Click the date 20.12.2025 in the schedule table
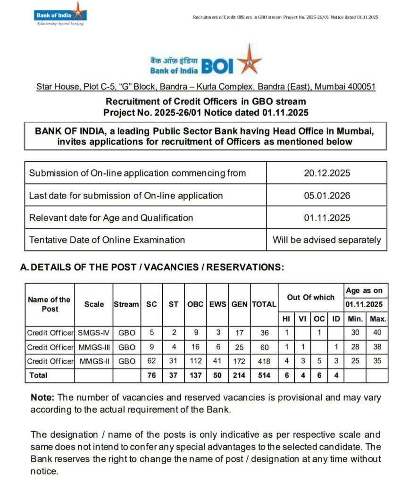[x=327, y=173]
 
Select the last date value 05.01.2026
[x=327, y=195]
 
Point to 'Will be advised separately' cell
[x=327, y=240]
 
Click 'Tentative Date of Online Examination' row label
[x=107, y=240]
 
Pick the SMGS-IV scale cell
[x=94, y=333]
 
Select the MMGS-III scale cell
[x=94, y=347]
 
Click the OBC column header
[x=195, y=304]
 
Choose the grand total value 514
[x=264, y=375]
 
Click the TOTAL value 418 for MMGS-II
[x=264, y=361]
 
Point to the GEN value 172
[x=239, y=361]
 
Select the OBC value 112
[x=195, y=361]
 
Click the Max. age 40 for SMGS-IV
[x=377, y=333]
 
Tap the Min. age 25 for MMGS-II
[x=355, y=361]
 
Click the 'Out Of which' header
[x=310, y=297]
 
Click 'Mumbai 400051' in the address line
[x=345, y=87]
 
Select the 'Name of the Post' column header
[x=49, y=304]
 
